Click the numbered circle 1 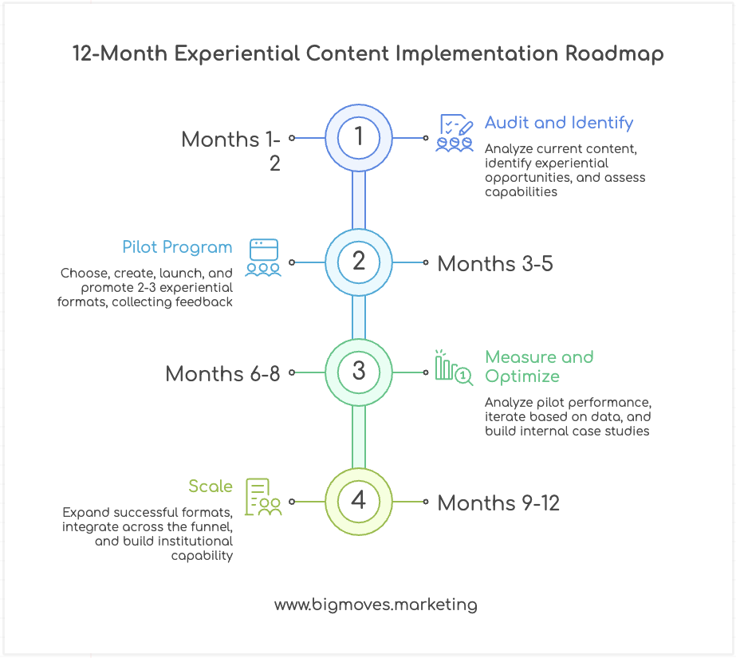(359, 137)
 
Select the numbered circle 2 (359, 262)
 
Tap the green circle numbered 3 (359, 372)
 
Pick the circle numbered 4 (359, 501)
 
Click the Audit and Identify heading (558, 123)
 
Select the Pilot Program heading (177, 247)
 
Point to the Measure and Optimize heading (539, 367)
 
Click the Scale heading (211, 487)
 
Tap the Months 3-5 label (494, 262)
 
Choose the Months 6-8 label (222, 373)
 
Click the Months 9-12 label (498, 502)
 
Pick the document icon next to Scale (263, 496)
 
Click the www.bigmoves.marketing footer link (376, 605)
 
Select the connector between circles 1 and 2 (359, 199)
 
